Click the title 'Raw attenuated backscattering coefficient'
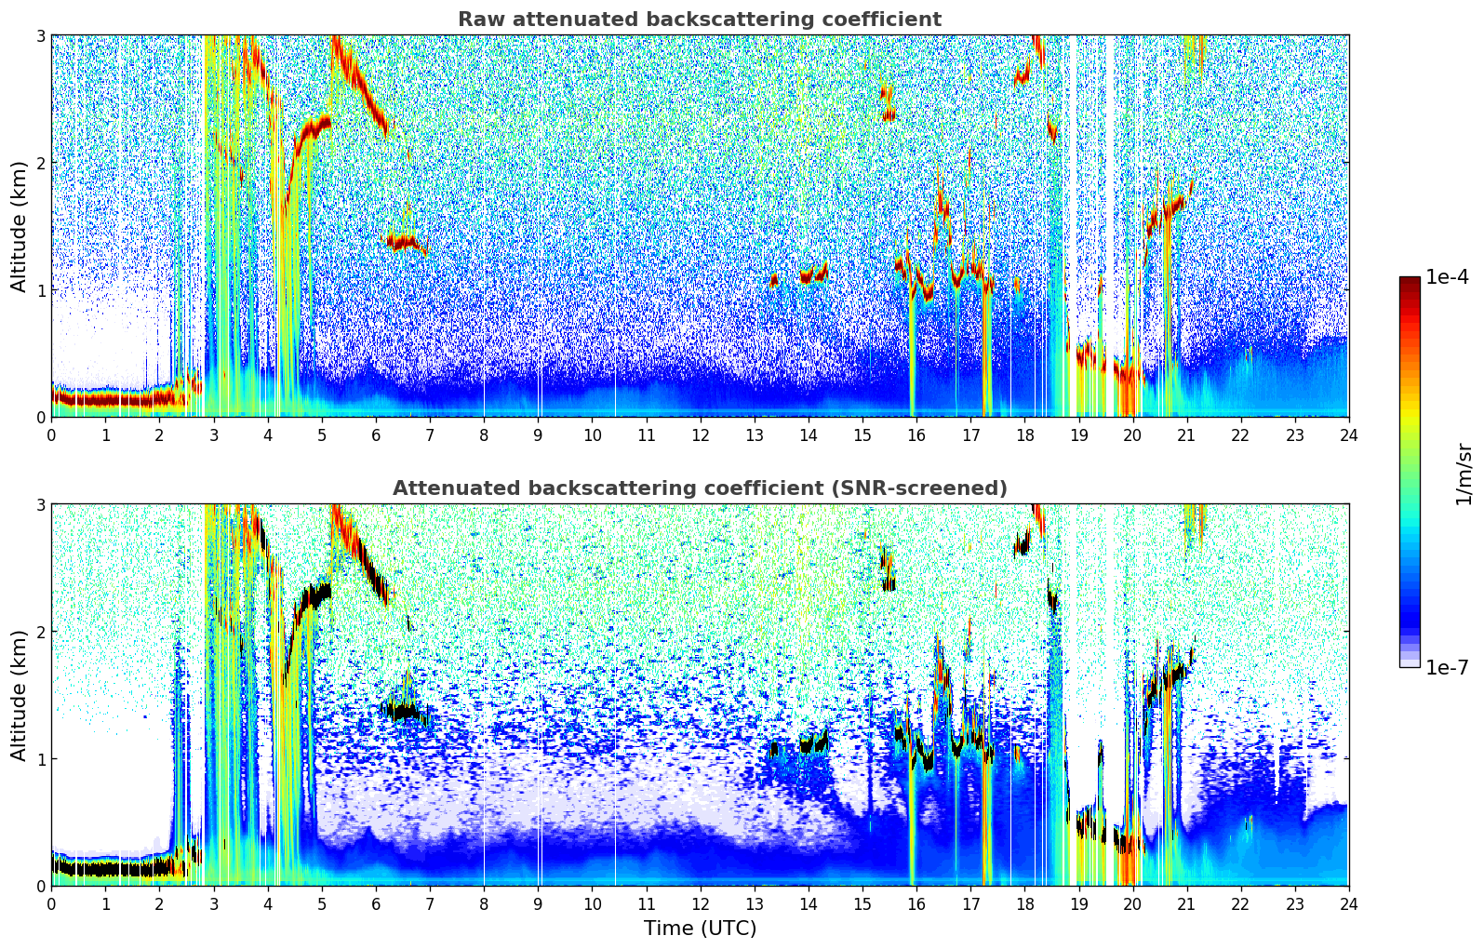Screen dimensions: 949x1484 pyautogui.click(x=699, y=20)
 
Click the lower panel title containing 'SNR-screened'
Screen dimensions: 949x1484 pyautogui.click(x=699, y=488)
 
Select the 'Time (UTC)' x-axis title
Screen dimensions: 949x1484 pyautogui.click(x=700, y=929)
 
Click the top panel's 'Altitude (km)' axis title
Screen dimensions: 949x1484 pyautogui.click(x=20, y=226)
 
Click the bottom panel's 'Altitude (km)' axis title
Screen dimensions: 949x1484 pyautogui.click(x=20, y=695)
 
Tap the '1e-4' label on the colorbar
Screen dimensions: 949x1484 pyautogui.click(x=1447, y=277)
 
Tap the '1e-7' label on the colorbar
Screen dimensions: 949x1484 pyautogui.click(x=1447, y=667)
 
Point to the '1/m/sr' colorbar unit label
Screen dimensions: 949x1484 pyautogui.click(x=1464, y=474)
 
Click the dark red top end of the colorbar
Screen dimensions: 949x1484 pyautogui.click(x=1410, y=281)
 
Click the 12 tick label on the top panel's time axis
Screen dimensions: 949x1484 pyautogui.click(x=700, y=435)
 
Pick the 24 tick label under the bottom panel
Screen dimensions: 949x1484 pyautogui.click(x=1348, y=904)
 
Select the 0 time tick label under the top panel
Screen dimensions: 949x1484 pyautogui.click(x=51, y=435)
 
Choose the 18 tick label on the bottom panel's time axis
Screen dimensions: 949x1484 pyautogui.click(x=1024, y=904)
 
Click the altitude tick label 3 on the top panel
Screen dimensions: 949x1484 pyautogui.click(x=41, y=35)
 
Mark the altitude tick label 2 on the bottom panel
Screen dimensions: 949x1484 pyautogui.click(x=41, y=632)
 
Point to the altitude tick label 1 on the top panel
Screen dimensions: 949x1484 pyautogui.click(x=41, y=290)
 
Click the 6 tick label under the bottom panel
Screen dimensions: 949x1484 pyautogui.click(x=376, y=904)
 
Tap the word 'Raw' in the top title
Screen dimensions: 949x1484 pyautogui.click(x=476, y=20)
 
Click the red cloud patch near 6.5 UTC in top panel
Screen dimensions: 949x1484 pyautogui.click(x=403, y=242)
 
